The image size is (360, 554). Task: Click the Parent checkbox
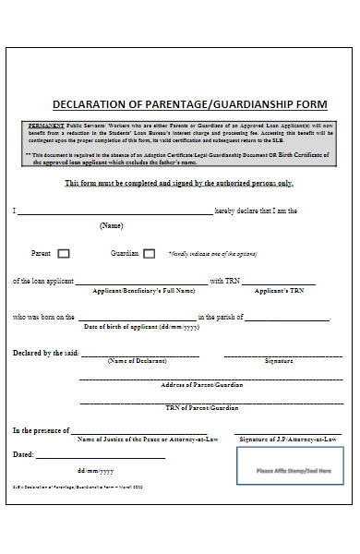coord(64,253)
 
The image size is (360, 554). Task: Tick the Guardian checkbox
coord(149,253)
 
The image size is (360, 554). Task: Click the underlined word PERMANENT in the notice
coord(47,123)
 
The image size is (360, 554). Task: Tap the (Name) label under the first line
coord(111,226)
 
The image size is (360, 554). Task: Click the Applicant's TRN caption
coord(280,291)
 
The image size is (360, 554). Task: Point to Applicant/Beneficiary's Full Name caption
coord(144,291)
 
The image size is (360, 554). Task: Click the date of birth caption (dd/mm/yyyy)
coord(141,327)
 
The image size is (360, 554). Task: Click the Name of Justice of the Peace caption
coord(148,440)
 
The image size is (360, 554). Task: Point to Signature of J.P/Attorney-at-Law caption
coord(285,440)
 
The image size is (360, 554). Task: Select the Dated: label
coord(23,454)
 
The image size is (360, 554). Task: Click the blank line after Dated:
coord(101,456)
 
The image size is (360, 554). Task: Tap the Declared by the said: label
coord(45,353)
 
